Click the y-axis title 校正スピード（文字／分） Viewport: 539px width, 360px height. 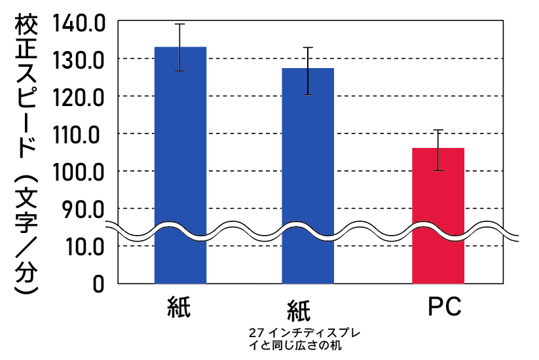(x=26, y=154)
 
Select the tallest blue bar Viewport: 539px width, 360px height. (x=180, y=164)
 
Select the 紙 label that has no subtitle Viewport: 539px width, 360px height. (x=179, y=307)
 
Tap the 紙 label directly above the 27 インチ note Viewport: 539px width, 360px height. (x=299, y=310)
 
